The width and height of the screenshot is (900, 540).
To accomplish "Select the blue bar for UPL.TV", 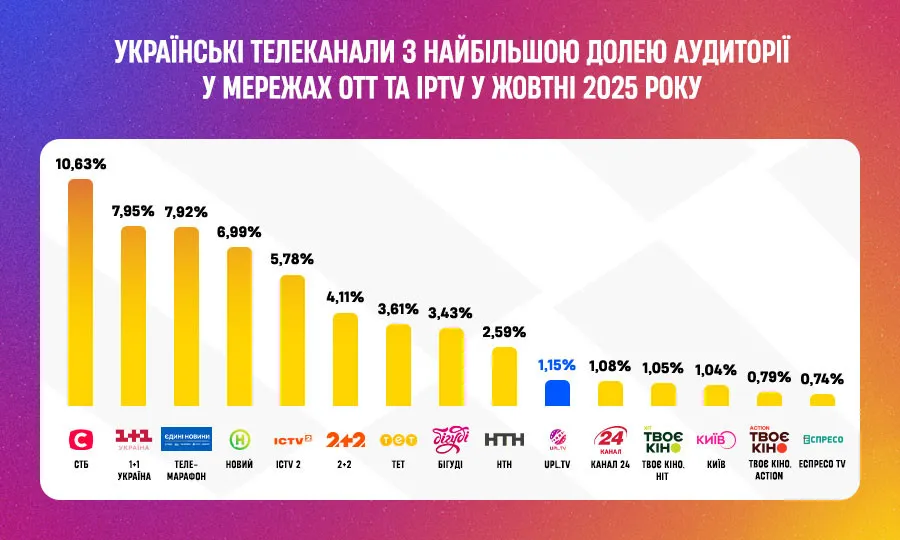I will pos(557,392).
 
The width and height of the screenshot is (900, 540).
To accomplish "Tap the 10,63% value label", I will pos(80,164).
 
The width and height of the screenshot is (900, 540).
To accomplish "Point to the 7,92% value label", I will pos(186,211).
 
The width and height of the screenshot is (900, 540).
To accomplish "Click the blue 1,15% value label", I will pos(557,365).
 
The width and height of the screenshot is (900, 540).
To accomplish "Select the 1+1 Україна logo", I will pos(134,438).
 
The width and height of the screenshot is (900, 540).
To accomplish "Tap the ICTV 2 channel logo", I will pos(293,438).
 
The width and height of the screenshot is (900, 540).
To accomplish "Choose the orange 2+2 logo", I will pos(346,439).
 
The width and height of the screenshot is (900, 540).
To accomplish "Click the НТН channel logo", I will pos(503,439).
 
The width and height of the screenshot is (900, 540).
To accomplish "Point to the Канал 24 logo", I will pos(610,439).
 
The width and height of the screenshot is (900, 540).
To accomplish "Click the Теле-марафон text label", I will pos(186,470).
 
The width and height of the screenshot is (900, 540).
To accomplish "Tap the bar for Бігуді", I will pos(451,366).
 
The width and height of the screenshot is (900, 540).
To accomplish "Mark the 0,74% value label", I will pos(822,379).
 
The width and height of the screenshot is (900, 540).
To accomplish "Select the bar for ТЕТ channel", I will pos(399,364).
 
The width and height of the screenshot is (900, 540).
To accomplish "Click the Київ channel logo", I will pos(716,439).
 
